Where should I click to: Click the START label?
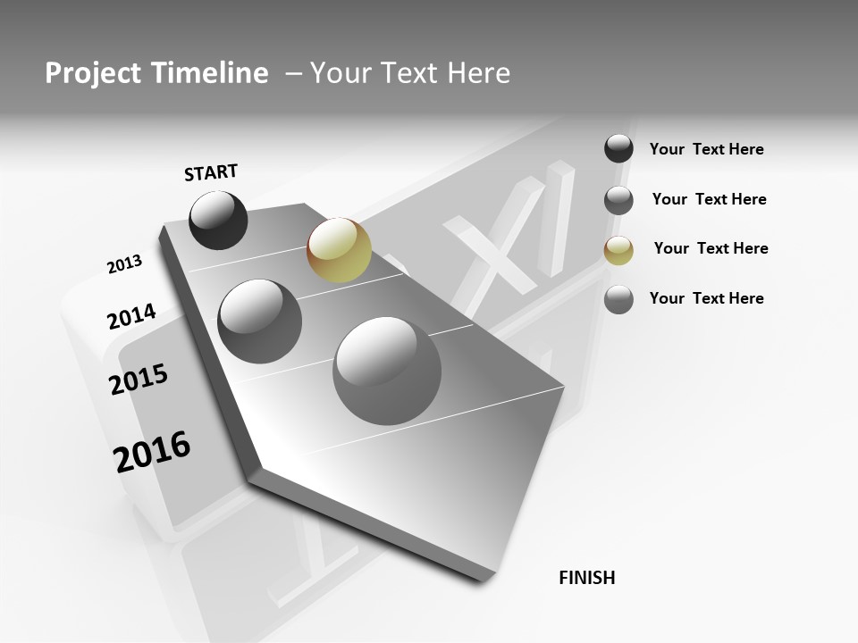[x=211, y=172]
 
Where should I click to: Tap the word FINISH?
[x=587, y=578]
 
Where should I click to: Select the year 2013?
[x=124, y=264]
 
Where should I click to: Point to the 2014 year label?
[x=131, y=316]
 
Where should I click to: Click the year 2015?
[x=139, y=380]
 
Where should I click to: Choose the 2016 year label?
[x=152, y=451]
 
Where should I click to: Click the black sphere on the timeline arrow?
[x=218, y=220]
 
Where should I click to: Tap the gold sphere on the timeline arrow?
[x=339, y=250]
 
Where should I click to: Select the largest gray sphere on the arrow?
[x=387, y=371]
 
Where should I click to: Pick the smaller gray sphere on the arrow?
[x=259, y=321]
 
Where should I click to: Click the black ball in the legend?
[x=618, y=148]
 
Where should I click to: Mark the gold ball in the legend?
[x=618, y=250]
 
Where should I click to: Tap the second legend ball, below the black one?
[x=618, y=200]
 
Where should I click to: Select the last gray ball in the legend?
[x=618, y=299]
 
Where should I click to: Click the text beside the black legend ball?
[x=706, y=149]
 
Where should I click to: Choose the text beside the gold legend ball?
[x=711, y=248]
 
